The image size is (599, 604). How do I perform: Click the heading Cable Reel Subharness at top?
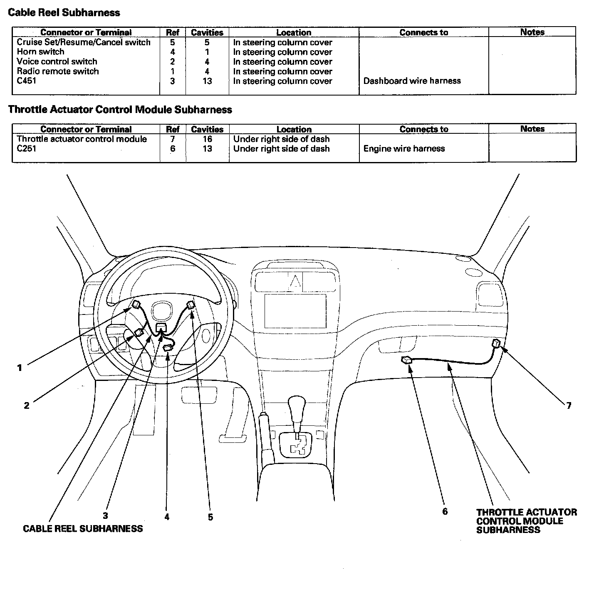point(64,13)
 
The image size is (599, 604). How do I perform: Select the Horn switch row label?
point(41,52)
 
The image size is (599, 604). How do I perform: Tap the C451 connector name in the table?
point(27,81)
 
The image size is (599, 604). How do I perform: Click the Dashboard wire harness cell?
point(412,81)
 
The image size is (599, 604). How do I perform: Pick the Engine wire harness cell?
point(404,149)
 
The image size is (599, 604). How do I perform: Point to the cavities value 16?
point(207,139)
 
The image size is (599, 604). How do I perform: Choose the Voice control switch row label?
point(57,61)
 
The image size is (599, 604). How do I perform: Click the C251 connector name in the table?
point(27,149)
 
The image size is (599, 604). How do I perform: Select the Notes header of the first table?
point(532,32)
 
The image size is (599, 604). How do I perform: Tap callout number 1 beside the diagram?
point(20,368)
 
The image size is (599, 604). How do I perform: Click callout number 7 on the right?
point(569,405)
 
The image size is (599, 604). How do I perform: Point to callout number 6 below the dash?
point(445,511)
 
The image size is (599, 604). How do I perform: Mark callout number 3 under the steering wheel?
point(106,516)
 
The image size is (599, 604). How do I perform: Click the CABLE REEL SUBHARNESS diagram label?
point(83,529)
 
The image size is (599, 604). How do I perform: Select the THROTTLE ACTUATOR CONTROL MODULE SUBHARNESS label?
point(526,521)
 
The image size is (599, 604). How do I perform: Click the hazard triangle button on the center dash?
point(295,282)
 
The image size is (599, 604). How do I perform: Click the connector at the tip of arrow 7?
point(496,344)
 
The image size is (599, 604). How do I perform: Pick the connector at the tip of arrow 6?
point(406,360)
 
